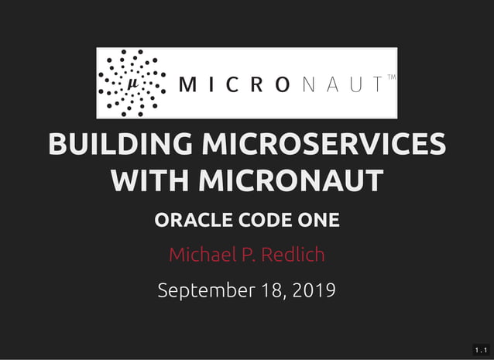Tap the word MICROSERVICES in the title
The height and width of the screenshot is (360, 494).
pos(323,145)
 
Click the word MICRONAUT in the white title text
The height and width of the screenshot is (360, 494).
pos(290,181)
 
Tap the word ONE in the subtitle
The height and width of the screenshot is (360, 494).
pos(319,220)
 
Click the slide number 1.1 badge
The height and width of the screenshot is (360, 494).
pos(481,351)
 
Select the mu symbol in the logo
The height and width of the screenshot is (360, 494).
pos(132,83)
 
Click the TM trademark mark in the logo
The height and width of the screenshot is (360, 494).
pos(390,77)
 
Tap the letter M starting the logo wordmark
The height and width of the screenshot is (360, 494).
pos(187,84)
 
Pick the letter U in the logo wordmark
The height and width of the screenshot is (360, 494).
pos(355,84)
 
